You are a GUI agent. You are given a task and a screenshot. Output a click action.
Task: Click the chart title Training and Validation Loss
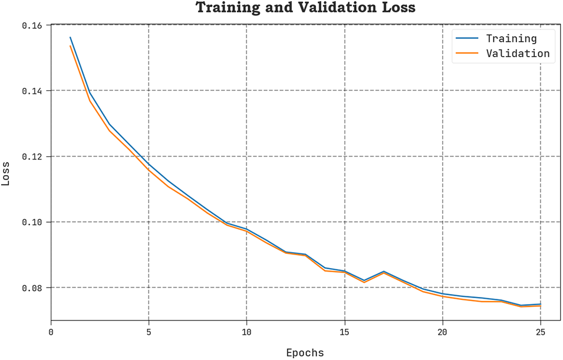click(x=305, y=8)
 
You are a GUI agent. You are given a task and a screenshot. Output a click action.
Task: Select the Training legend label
click(x=511, y=39)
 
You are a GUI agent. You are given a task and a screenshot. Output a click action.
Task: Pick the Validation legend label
click(x=517, y=54)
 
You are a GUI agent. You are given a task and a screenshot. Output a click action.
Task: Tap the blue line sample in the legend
click(x=466, y=39)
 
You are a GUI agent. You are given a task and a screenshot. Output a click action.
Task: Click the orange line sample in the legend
click(x=466, y=54)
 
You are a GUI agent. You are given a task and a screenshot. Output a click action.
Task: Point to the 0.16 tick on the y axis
click(x=34, y=25)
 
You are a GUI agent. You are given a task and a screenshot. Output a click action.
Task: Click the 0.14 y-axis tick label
click(x=34, y=91)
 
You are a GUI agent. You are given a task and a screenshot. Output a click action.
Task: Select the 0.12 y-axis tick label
click(x=34, y=157)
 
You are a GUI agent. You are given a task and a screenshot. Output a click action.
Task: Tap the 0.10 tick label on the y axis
click(x=34, y=222)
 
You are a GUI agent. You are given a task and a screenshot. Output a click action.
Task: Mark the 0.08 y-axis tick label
click(x=34, y=288)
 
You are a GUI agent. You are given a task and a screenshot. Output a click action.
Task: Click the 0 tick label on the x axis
click(x=51, y=332)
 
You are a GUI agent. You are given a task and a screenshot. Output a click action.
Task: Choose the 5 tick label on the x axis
click(x=149, y=332)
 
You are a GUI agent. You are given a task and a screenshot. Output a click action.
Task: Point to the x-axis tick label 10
click(x=246, y=332)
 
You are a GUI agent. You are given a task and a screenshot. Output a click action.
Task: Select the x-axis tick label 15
click(x=344, y=332)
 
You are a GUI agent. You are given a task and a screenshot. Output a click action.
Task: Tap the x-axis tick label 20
click(x=442, y=332)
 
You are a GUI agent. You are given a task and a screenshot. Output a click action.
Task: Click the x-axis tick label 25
click(x=540, y=332)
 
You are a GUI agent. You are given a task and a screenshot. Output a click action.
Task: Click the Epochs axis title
click(x=305, y=353)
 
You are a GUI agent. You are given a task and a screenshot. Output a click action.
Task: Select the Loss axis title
click(x=6, y=174)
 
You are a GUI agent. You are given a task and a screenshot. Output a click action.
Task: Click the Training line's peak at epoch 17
click(x=384, y=272)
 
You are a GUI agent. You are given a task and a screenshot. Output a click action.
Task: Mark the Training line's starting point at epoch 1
click(x=71, y=38)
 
